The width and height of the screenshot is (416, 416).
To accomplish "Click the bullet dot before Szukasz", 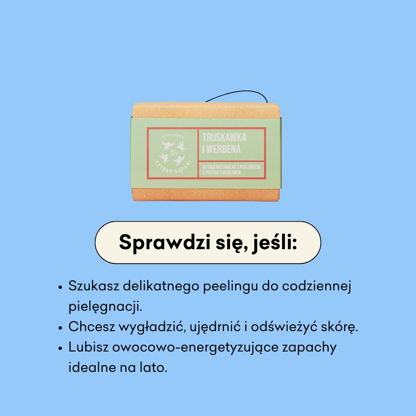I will (61, 287).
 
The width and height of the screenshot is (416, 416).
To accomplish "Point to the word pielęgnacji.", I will (106, 307).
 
